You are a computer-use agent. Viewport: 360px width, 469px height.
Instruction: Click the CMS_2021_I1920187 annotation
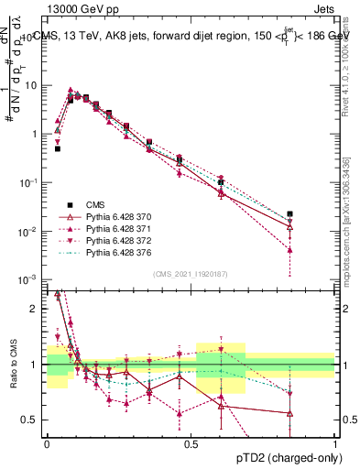pyautogui.click(x=191, y=272)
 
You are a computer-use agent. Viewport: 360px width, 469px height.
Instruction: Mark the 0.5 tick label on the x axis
pyautogui.click(x=191, y=442)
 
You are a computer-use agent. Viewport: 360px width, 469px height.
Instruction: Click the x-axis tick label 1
pyautogui.click(x=335, y=442)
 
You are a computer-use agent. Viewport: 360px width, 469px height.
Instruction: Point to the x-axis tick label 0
pyautogui.click(x=47, y=442)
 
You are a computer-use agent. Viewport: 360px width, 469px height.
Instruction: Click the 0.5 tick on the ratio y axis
pyautogui.click(x=31, y=420)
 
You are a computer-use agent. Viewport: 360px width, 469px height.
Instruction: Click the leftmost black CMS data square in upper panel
pyautogui.click(x=57, y=148)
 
